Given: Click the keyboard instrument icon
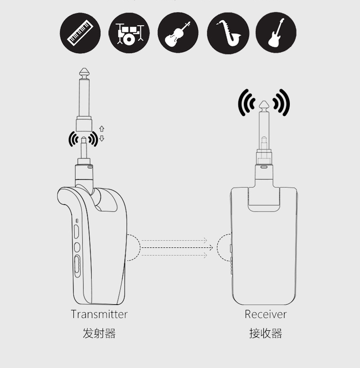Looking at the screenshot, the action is click(x=80, y=33).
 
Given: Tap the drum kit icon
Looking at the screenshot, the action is click(x=129, y=33).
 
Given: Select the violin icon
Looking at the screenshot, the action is click(x=178, y=33).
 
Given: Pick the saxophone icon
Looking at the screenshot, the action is click(x=228, y=33).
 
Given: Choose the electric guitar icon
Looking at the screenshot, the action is click(x=276, y=33).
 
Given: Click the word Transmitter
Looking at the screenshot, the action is click(x=99, y=314).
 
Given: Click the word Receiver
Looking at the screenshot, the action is click(x=265, y=314).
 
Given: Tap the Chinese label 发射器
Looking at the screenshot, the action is click(x=99, y=333).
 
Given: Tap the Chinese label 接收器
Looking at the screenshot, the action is click(x=265, y=333).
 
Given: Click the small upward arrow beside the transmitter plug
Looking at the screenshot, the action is click(x=102, y=129).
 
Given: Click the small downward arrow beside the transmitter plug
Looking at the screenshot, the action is click(x=102, y=139).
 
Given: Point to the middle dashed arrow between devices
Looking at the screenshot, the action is click(x=177, y=247).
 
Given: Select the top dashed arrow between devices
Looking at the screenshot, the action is click(x=174, y=240).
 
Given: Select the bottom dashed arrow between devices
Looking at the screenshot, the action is click(x=174, y=255).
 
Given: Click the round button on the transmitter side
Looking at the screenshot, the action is click(x=77, y=247).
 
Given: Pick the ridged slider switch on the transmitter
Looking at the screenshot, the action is click(x=77, y=267).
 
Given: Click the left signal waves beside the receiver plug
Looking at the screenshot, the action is click(x=246, y=103).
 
